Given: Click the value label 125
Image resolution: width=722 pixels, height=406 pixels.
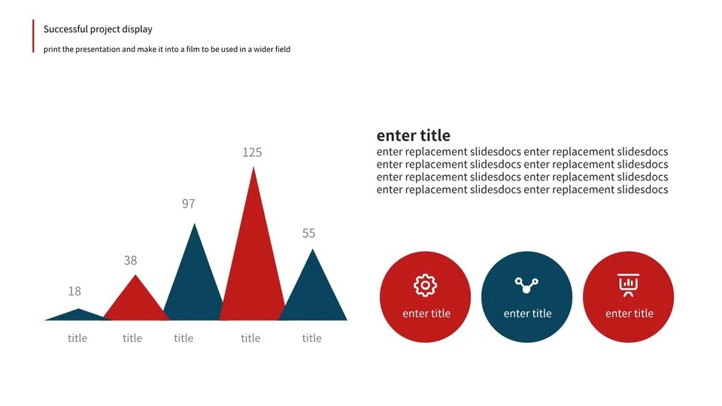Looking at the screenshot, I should [x=252, y=153].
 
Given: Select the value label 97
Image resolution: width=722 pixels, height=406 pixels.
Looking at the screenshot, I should [x=188, y=204].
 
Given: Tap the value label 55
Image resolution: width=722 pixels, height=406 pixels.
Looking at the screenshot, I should [x=309, y=233].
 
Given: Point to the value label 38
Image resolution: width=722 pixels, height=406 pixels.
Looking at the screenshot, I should [x=131, y=260].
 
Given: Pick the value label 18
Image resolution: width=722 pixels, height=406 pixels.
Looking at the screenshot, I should [x=74, y=291].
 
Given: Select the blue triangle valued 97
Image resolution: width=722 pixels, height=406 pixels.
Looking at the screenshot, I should [x=194, y=286].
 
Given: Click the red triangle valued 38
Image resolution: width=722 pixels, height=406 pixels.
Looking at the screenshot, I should [x=135, y=304].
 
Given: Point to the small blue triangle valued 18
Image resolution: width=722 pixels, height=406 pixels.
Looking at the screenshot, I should [x=78, y=315].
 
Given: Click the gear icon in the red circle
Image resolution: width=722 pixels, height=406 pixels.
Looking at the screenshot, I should [x=426, y=285].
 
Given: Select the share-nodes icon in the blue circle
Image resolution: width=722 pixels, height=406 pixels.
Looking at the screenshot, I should [x=526, y=285].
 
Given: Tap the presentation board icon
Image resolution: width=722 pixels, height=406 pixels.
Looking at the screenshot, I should [x=628, y=285].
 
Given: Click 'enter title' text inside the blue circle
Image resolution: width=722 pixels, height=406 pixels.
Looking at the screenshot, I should [x=527, y=314].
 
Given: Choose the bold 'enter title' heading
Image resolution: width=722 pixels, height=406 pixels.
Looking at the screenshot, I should [x=414, y=135].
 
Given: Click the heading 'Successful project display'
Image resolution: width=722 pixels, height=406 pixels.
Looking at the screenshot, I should [x=98, y=29].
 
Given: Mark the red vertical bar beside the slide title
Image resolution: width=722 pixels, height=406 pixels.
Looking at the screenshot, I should [x=34, y=36].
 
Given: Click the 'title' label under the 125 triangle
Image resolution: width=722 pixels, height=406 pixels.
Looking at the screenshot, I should [x=250, y=338].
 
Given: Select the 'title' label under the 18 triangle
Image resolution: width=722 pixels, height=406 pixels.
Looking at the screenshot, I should [x=77, y=338].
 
